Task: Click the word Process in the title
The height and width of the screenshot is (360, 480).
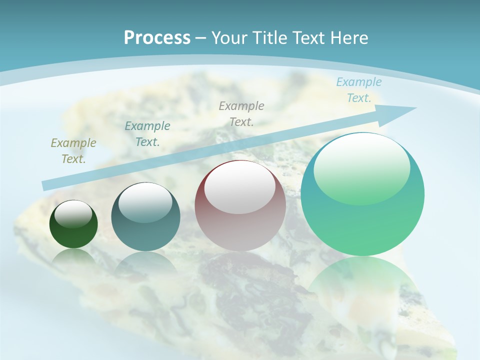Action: click(157, 38)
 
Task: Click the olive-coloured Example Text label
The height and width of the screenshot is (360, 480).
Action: click(73, 151)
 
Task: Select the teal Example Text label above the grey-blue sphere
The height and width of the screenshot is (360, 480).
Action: click(147, 134)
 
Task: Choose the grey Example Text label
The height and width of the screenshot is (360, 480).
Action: click(241, 113)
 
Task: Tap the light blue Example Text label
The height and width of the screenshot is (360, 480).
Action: click(358, 90)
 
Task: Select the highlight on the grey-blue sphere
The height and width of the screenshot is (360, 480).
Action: click(145, 202)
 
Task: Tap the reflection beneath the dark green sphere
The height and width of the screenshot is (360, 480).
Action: click(73, 255)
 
